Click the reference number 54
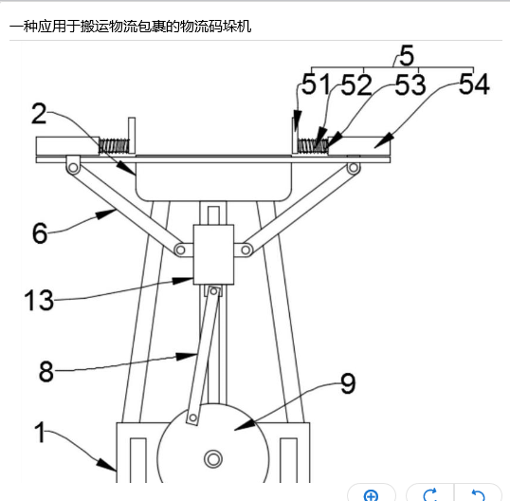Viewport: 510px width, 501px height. (474, 83)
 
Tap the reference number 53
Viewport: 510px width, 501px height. (410, 84)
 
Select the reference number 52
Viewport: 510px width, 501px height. (356, 84)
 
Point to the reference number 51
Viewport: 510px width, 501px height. (315, 83)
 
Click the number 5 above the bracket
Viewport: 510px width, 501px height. (407, 55)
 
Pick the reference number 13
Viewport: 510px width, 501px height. (39, 300)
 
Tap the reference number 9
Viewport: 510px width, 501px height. (348, 383)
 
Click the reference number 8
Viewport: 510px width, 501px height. (46, 371)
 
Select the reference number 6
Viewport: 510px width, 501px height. (40, 233)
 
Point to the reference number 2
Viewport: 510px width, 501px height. (39, 114)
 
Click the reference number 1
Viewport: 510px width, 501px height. (40, 432)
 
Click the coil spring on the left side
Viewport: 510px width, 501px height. (114, 146)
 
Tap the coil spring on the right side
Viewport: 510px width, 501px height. (313, 146)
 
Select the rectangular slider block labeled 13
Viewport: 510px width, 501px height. (213, 254)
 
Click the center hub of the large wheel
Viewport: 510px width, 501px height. (213, 459)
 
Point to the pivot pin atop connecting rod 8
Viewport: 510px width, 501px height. (213, 291)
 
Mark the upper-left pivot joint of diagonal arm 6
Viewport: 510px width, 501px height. (73, 168)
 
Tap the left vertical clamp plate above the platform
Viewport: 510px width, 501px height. (132, 136)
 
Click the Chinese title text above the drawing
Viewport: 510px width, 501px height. (131, 27)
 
